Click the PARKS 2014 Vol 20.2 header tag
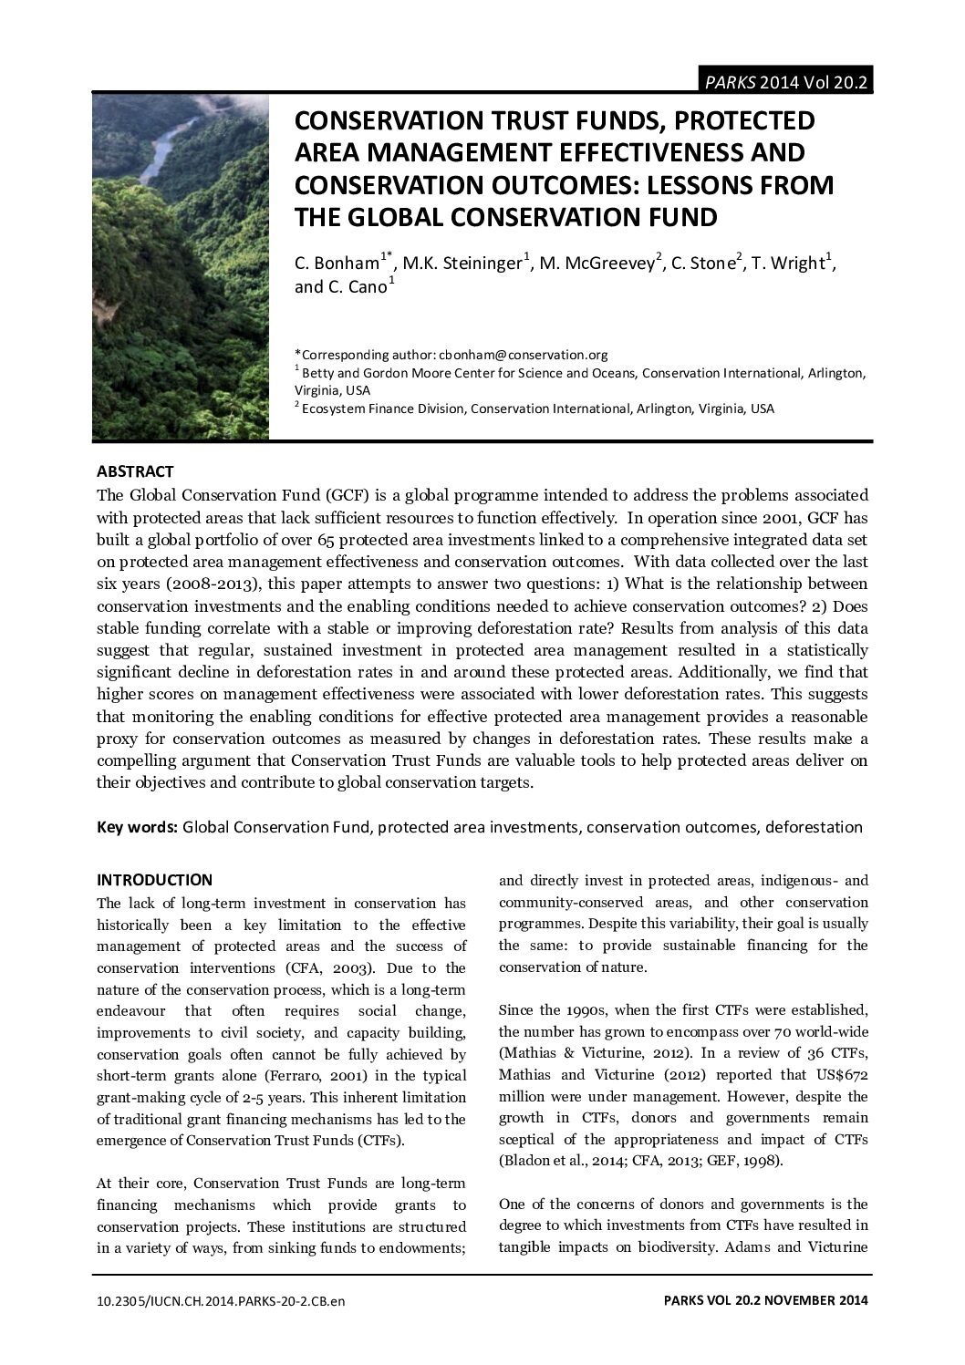click(x=784, y=82)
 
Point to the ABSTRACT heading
click(x=135, y=471)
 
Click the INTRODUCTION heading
click(x=154, y=880)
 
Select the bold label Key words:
click(x=137, y=827)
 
